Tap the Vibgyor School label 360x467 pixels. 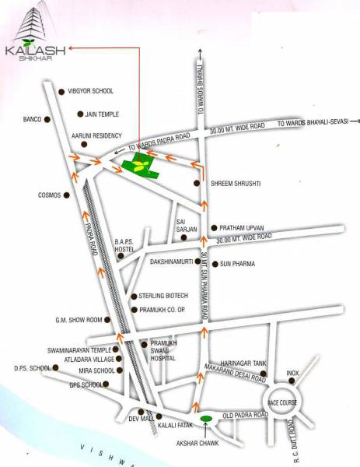[x=91, y=91]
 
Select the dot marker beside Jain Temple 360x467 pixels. [x=81, y=114]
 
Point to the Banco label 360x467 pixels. [x=31, y=119]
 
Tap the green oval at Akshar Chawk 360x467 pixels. [x=206, y=420]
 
